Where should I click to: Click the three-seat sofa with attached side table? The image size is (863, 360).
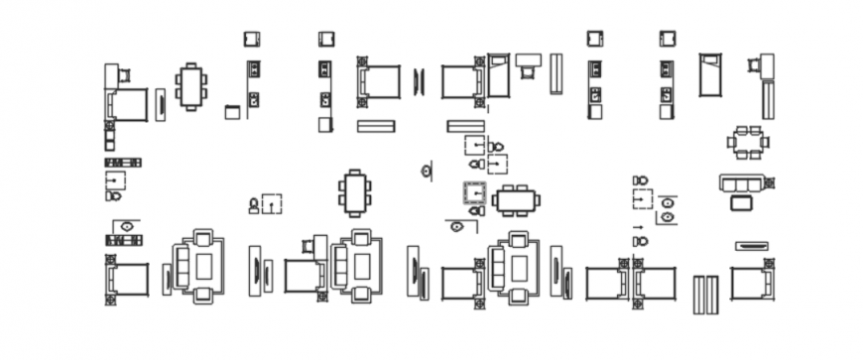[743, 184]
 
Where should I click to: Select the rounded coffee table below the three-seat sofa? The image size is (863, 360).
[741, 203]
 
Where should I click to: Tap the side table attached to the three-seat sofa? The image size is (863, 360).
[769, 183]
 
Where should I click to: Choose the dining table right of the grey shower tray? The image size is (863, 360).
[516, 200]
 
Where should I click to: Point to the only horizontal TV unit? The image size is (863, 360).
[752, 246]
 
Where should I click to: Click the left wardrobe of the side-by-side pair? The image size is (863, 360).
[698, 295]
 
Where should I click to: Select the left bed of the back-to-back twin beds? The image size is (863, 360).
[606, 284]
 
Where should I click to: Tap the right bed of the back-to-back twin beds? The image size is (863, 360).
[656, 284]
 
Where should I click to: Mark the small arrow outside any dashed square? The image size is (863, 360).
[637, 228]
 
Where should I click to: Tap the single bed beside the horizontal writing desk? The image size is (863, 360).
[498, 76]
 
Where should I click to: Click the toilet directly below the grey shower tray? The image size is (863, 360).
[476, 210]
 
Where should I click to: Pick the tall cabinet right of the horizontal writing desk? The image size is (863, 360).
[556, 73]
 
